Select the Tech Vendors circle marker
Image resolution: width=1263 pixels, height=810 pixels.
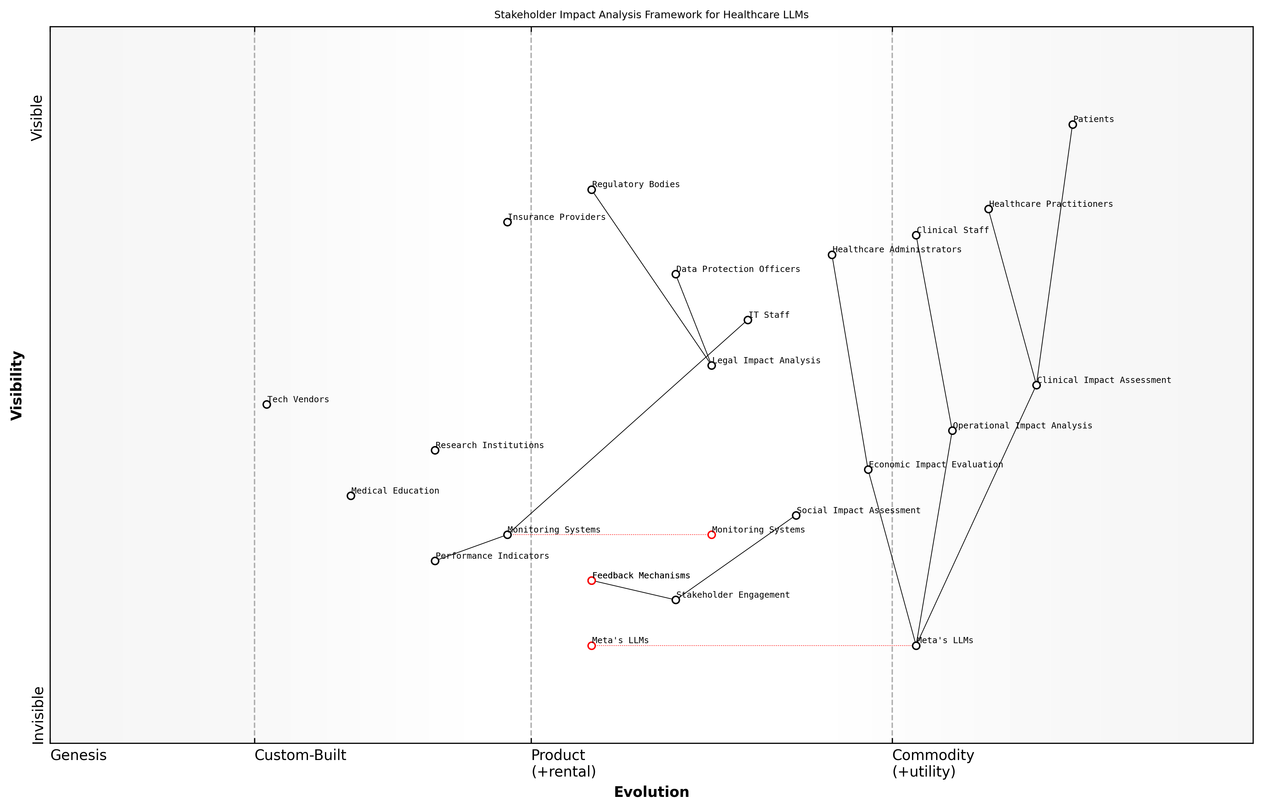point(267,404)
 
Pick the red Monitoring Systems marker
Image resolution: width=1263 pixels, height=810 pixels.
point(712,535)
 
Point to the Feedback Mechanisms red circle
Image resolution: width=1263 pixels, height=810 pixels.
point(591,581)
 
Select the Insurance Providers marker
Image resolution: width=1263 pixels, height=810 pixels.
point(507,222)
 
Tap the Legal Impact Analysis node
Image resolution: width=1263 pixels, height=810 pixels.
point(712,366)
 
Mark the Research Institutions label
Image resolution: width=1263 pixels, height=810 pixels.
point(489,445)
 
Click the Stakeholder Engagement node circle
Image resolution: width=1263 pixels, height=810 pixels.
point(676,600)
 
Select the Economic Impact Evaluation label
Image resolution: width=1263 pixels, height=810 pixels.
point(936,465)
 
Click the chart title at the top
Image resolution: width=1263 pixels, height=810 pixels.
point(651,15)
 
